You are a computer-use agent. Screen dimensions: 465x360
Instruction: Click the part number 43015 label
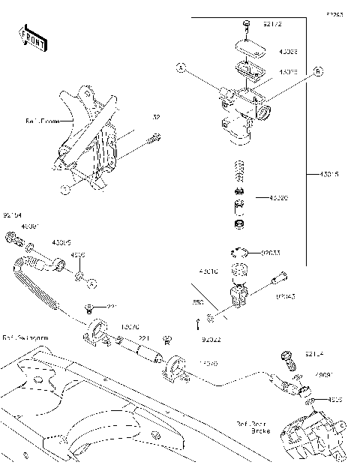tap(329, 174)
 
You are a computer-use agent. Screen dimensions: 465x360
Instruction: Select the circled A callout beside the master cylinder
tap(181, 68)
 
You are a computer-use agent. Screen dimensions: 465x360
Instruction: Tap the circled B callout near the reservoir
tap(318, 71)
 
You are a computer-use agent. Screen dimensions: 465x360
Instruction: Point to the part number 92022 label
tap(212, 340)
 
